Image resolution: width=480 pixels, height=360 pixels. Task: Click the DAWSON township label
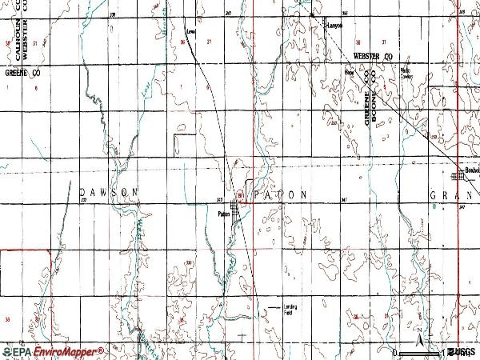tap(110, 193)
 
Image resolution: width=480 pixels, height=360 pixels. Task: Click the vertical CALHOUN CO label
tap(17, 40)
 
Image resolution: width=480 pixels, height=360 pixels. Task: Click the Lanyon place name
tap(334, 26)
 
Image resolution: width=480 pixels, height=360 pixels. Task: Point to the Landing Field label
tap(288, 309)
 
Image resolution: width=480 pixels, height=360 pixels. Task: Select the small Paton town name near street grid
tap(223, 213)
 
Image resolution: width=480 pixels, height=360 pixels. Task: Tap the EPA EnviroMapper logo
tap(53, 351)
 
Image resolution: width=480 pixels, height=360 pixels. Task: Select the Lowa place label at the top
tap(190, 32)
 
